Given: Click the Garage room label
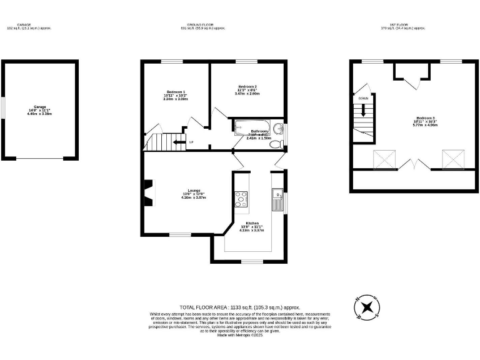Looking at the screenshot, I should point(39,107).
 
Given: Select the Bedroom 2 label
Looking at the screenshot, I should point(247,86).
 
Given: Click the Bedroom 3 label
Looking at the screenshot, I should point(424,118).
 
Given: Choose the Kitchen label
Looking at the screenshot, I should point(252,223).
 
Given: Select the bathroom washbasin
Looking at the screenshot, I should point(279,130).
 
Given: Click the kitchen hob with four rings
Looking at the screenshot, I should point(241,199).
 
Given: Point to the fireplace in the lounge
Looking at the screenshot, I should point(147,192).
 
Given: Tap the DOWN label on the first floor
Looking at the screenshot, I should point(363,99).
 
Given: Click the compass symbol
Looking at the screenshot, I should point(367,307).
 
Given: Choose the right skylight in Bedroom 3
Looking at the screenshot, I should point(453,159).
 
